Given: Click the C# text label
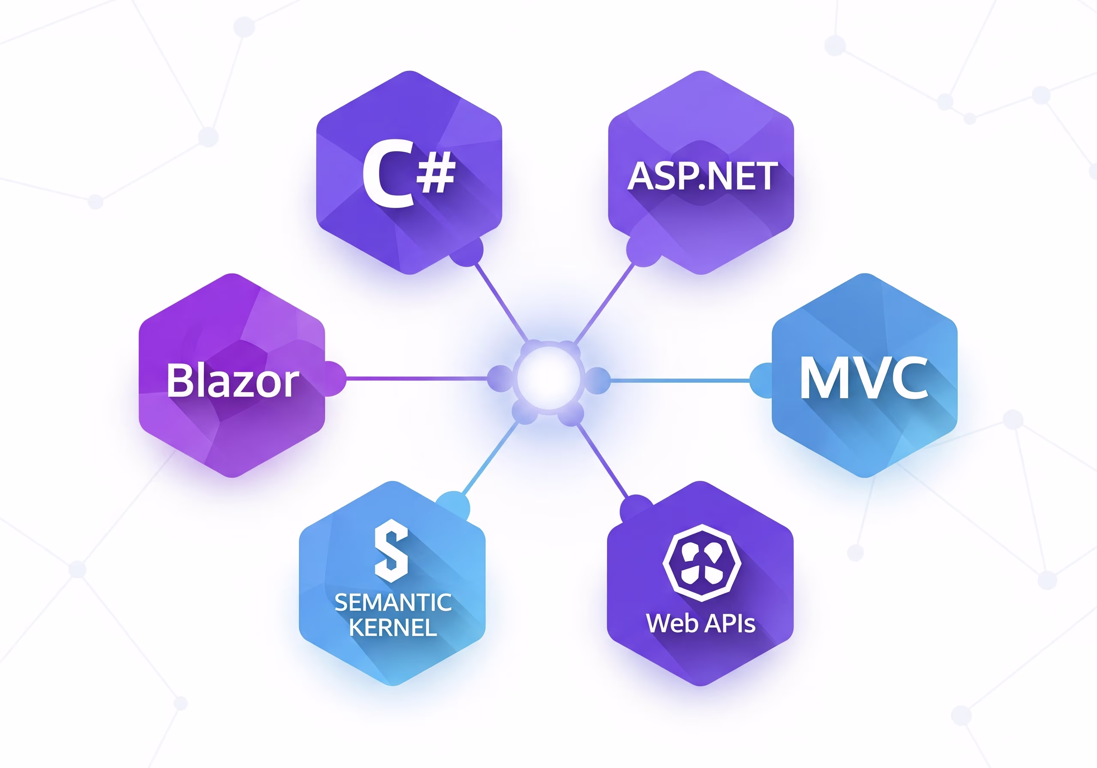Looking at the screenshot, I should [x=408, y=174].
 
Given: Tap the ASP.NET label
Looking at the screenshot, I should [x=702, y=176].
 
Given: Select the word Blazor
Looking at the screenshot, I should [x=233, y=381].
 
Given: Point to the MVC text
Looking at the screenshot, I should [x=863, y=378].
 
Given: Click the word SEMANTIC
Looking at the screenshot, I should [x=393, y=602].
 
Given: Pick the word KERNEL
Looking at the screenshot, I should [x=393, y=627].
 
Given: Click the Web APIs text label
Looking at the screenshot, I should [x=701, y=623].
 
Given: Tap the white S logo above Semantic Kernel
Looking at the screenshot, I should [x=391, y=551].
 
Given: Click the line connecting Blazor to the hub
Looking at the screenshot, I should [x=416, y=378].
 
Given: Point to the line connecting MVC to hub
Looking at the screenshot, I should [x=678, y=381].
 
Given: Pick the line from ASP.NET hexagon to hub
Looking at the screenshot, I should [x=604, y=303].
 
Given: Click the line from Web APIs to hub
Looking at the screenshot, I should [x=603, y=460].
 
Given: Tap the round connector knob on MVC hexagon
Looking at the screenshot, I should [x=761, y=381].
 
